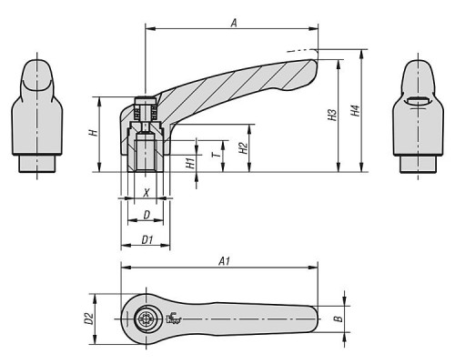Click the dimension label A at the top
coord(234,23)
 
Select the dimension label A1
coord(225,261)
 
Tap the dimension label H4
coord(355,110)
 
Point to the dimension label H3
coord(333,115)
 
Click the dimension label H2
coord(243,148)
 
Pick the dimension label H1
coord(190,163)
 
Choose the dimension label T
coord(217,155)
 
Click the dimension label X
coord(147,192)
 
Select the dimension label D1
coord(147,240)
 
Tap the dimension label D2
coord(88,318)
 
